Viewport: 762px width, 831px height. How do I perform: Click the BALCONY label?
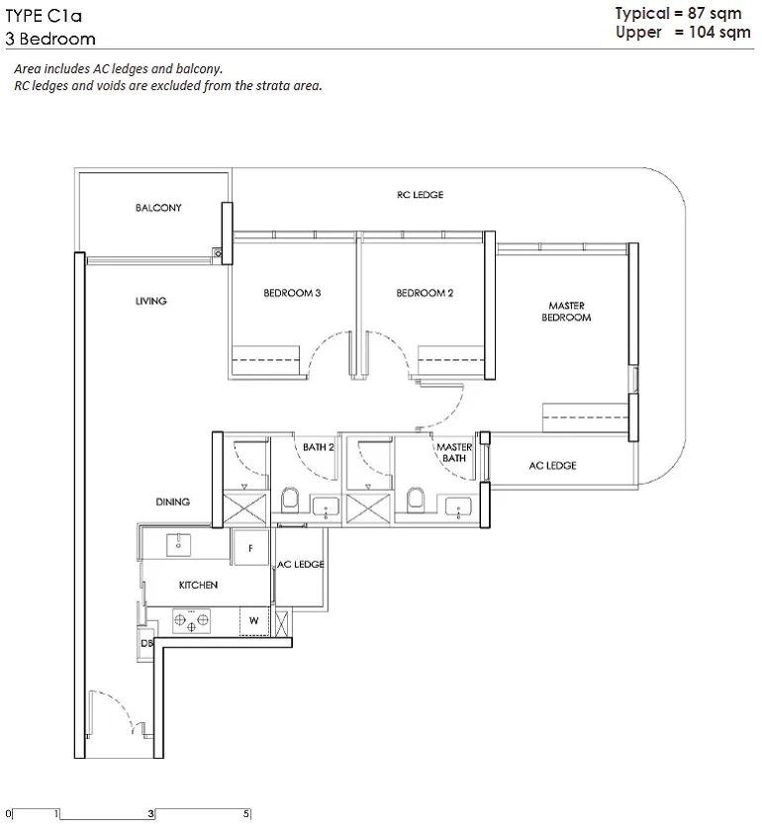pos(158,208)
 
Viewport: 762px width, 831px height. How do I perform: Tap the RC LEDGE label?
pos(420,195)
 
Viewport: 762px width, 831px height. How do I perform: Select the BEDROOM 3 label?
pos(292,293)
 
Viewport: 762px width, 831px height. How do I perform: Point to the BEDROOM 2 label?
pos(425,293)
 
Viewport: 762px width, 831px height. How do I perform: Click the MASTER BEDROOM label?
pos(566,312)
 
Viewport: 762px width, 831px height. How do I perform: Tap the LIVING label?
pos(151,301)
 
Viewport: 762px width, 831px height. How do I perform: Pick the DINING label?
pos(173,502)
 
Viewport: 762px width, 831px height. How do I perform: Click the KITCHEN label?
pos(198,585)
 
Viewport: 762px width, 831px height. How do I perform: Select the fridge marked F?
pos(250,548)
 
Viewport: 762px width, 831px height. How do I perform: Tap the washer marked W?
pos(254,620)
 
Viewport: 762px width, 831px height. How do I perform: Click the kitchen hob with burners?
pos(191,620)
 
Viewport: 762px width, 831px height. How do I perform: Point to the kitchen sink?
pos(179,544)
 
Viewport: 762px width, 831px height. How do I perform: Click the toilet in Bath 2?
pos(290,500)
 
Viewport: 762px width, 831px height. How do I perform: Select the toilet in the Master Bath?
pos(417,500)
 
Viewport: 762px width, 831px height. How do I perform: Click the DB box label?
pos(146,643)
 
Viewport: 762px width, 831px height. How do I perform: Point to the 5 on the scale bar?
pos(246,813)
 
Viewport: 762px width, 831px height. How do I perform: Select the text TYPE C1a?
pos(44,16)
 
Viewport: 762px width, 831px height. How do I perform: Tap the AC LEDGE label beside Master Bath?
pos(552,465)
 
